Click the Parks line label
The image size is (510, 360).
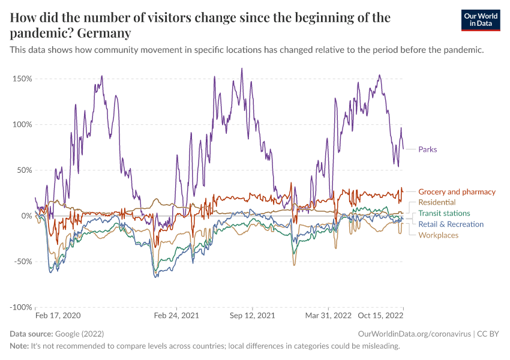(x=427, y=149)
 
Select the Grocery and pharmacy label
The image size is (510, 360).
(x=457, y=192)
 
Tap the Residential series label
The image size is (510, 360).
(x=437, y=203)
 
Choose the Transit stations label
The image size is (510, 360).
(x=444, y=214)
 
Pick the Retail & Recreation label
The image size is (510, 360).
(x=451, y=224)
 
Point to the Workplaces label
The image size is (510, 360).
(x=438, y=235)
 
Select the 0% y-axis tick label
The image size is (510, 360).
(x=26, y=215)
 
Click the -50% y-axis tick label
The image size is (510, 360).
(x=22, y=261)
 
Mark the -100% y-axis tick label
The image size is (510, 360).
(x=20, y=307)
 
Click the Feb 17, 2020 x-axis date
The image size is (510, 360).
(x=58, y=315)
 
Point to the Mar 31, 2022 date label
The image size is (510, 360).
(x=328, y=315)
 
